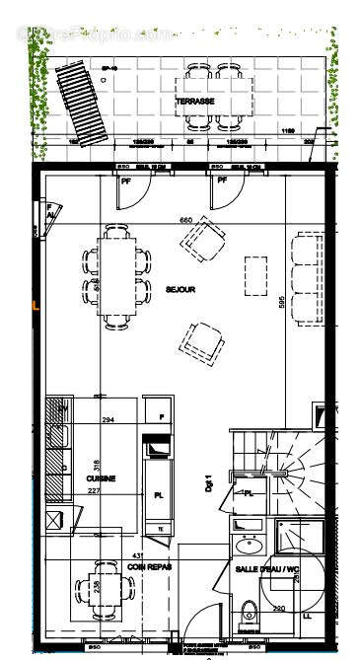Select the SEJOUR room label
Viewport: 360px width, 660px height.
(x=180, y=289)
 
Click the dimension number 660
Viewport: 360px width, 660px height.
(x=183, y=220)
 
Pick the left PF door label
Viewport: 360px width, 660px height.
(x=126, y=181)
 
